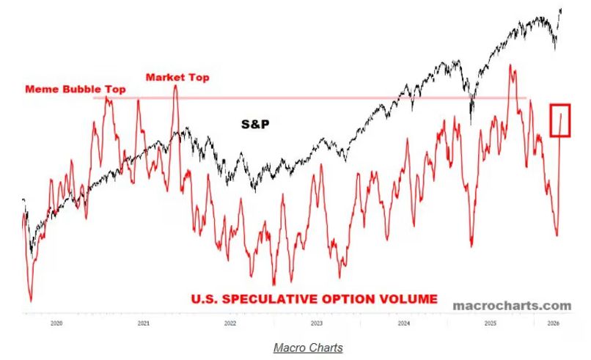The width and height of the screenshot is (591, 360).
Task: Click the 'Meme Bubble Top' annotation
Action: click(76, 89)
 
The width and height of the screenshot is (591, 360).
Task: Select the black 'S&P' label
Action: click(256, 124)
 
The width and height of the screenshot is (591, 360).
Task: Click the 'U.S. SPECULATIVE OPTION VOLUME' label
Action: click(315, 298)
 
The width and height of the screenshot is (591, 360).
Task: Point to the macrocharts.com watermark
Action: click(511, 304)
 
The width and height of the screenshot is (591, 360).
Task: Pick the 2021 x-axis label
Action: click(144, 323)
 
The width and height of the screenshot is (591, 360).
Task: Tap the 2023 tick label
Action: click(316, 323)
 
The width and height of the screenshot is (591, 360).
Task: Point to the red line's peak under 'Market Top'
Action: click(176, 86)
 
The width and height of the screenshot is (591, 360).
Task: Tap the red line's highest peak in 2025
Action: click(509, 66)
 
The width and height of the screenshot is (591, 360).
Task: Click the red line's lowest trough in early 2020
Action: click(31, 300)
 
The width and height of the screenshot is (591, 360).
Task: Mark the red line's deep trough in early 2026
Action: click(557, 235)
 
